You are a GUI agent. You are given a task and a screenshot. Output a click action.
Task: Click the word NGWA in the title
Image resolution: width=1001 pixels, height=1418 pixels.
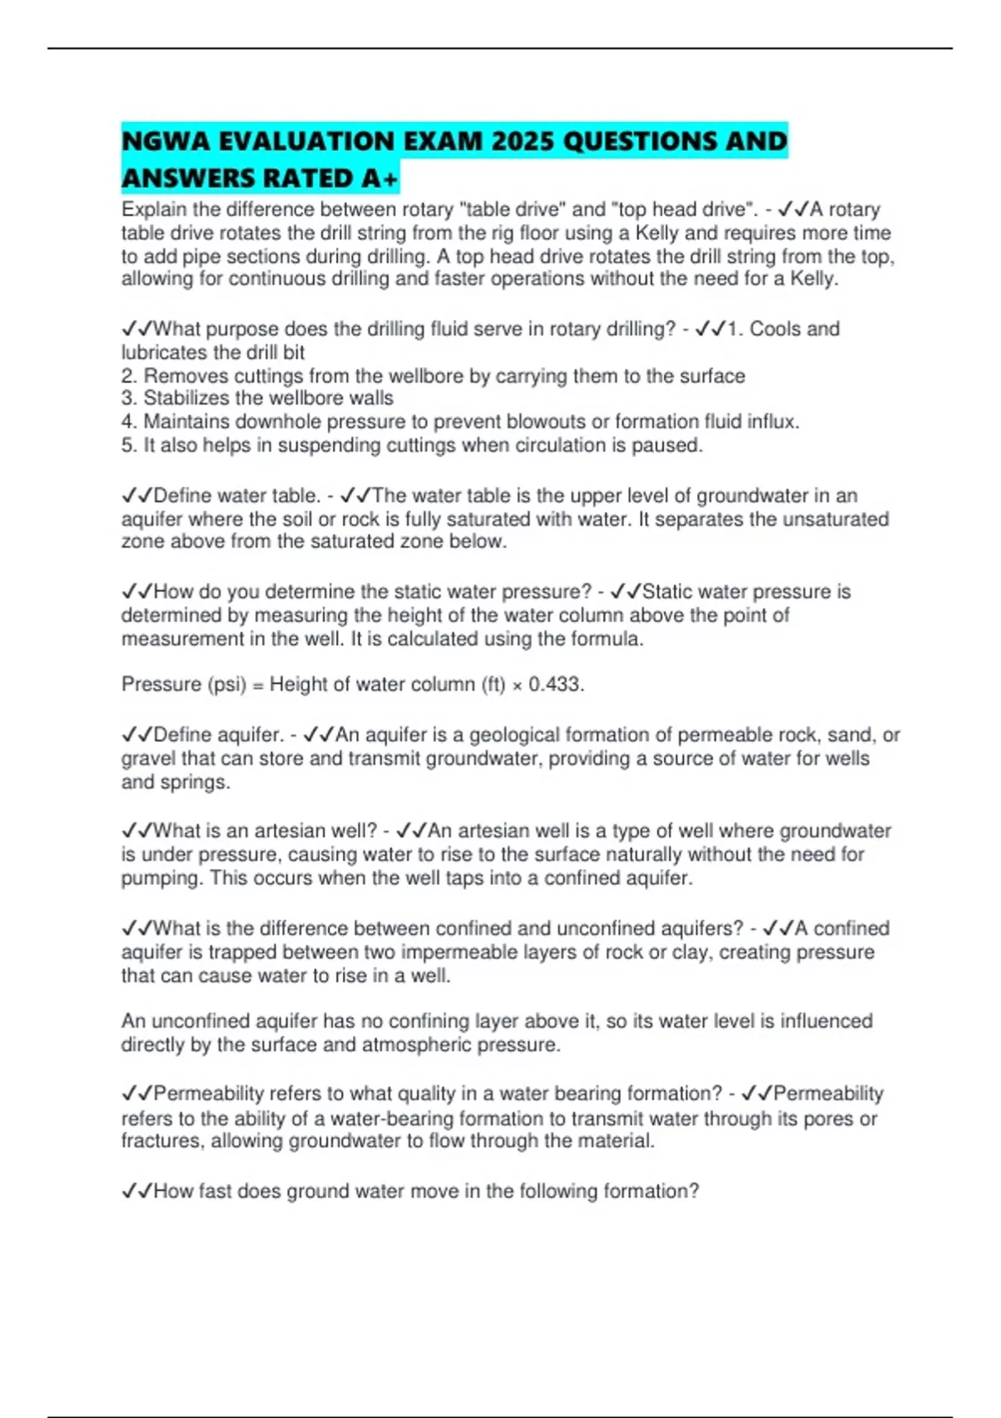click(x=165, y=142)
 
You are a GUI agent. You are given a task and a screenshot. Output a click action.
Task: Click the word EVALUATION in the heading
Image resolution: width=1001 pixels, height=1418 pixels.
click(x=307, y=142)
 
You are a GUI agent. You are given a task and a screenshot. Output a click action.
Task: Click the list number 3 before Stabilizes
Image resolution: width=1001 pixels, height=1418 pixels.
click(x=127, y=399)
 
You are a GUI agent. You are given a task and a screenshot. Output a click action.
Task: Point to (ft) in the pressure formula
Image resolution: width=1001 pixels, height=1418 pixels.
click(x=493, y=685)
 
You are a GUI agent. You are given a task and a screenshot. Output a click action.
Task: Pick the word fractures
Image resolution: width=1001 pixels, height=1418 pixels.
click(x=162, y=1141)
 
